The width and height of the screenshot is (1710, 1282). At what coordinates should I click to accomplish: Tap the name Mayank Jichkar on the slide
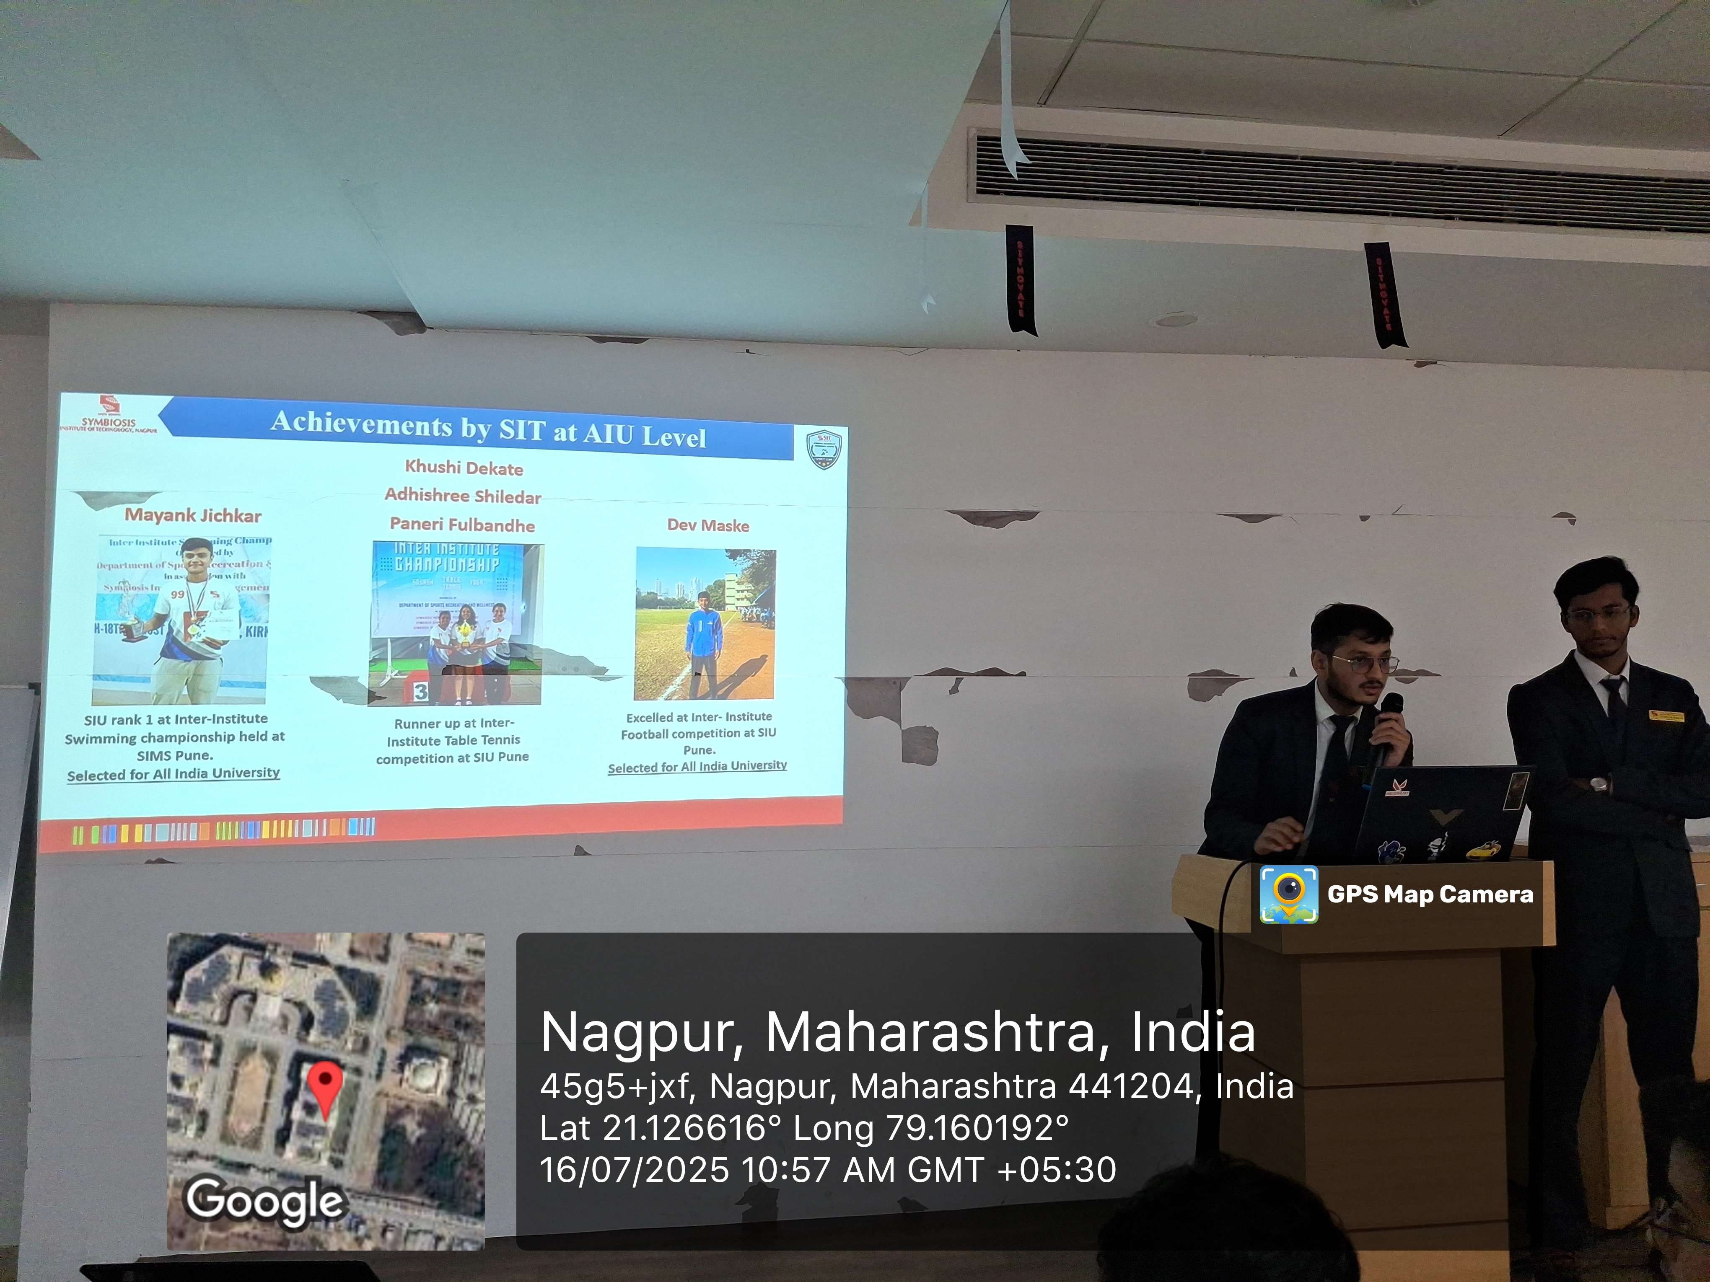point(193,515)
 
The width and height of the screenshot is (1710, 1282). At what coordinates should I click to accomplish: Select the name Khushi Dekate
point(464,468)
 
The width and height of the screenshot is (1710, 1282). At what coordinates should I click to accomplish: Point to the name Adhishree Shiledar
point(463,496)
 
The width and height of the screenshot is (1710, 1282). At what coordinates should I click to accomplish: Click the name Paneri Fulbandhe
point(462,525)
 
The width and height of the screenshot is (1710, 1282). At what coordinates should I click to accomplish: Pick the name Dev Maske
point(708,525)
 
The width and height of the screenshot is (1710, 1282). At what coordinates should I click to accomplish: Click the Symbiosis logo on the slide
point(109,414)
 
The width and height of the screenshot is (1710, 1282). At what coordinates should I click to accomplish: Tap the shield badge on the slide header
point(823,449)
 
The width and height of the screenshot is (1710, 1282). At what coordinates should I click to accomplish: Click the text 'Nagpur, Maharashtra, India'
point(897,1032)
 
